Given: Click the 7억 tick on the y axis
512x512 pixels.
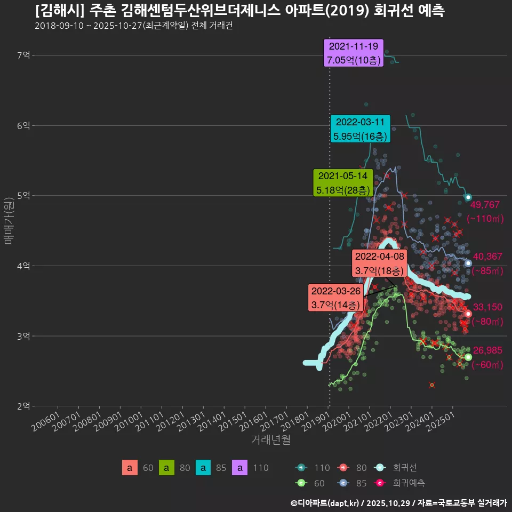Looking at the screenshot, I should pos(23,55).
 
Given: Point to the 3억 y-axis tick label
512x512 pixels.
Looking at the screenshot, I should pos(23,336).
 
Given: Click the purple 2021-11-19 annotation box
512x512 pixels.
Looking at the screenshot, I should pos(354,53).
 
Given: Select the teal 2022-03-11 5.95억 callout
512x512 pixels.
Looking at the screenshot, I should pos(360,129).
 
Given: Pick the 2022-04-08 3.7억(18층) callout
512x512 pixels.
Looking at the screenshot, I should pos(380,263).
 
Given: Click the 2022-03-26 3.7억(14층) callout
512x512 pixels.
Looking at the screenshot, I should pos(336,298).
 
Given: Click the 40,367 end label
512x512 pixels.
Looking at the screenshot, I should pos(487,257).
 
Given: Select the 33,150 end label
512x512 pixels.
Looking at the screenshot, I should pos(487,307).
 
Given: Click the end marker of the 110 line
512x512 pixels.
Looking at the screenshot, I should pos(468,197).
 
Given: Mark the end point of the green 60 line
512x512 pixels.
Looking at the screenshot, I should pos(468,357).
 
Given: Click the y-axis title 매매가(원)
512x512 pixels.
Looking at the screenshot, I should pos(8,221).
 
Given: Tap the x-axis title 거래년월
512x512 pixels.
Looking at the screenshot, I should pos(270,440).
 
